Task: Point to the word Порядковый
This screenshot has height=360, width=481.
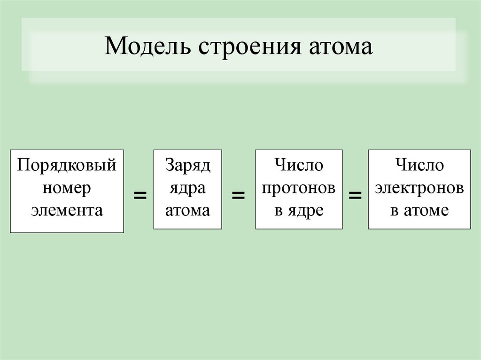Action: click(67, 165)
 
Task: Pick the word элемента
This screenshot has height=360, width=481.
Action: click(67, 210)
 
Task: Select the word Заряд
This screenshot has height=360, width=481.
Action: click(187, 165)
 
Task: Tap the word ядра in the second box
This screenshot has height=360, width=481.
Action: click(187, 188)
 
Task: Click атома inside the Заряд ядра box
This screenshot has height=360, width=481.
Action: click(187, 210)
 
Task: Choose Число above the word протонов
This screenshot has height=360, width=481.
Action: click(299, 165)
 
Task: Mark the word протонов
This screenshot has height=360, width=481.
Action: click(299, 188)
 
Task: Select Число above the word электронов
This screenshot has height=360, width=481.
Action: click(419, 165)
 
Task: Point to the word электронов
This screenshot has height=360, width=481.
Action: click(419, 188)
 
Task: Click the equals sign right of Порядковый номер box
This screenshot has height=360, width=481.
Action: click(139, 195)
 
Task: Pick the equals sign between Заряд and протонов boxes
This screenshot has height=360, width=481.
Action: click(239, 195)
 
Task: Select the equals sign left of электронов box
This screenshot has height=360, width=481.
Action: click(355, 195)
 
